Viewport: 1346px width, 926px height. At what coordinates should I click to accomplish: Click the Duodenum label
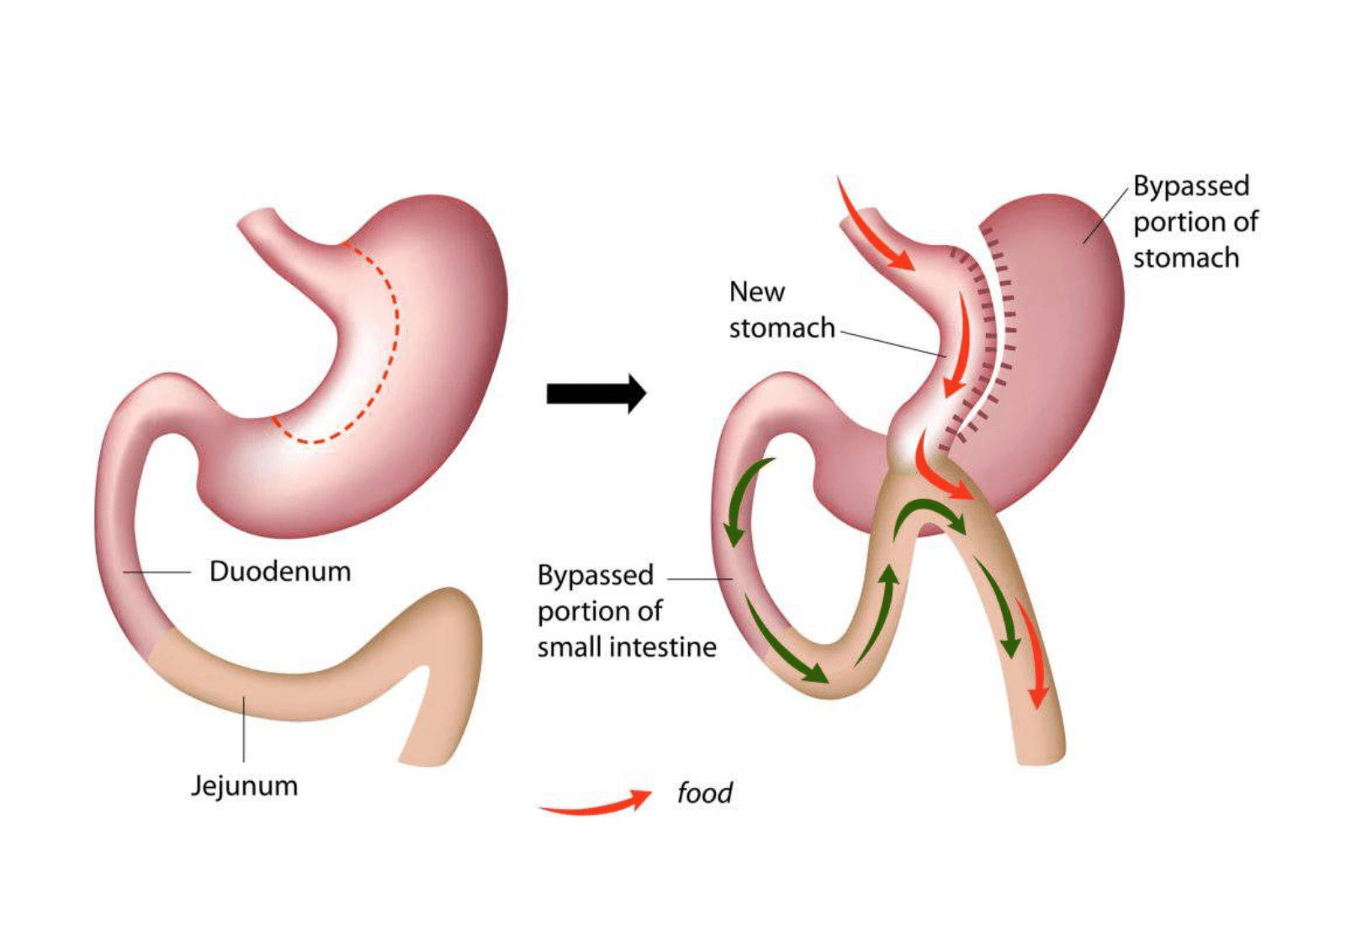coord(280,572)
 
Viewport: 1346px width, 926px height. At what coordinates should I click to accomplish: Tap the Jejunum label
coord(245,786)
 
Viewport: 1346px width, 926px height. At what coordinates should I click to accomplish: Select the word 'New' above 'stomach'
coord(757,292)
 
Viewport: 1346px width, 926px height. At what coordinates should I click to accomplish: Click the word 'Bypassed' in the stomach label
coord(1191,186)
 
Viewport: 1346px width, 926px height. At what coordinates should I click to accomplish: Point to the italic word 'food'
coord(705,792)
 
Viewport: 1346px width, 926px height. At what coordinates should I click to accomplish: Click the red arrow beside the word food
coord(596,802)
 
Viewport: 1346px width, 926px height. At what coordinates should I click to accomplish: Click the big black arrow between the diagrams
coord(596,394)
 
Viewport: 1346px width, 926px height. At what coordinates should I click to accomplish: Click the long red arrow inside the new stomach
coord(957,343)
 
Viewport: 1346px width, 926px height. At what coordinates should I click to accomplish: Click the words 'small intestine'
coord(627,647)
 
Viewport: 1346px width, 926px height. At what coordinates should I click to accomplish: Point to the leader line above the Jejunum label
coord(244,729)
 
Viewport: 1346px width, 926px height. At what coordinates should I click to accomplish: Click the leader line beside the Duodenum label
coord(156,572)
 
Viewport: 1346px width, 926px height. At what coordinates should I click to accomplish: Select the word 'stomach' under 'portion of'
coord(1186,258)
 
